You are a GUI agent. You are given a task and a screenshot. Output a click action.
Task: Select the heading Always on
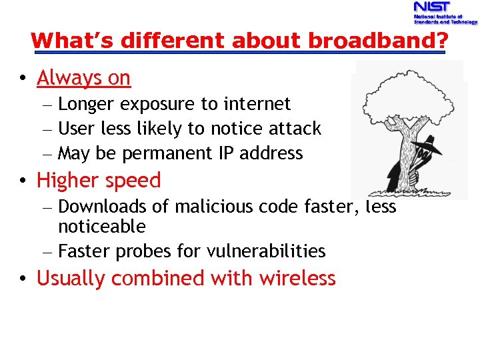(83, 78)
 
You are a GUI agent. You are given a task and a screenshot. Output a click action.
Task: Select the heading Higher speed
(99, 180)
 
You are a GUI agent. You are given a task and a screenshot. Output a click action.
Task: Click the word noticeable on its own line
(102, 227)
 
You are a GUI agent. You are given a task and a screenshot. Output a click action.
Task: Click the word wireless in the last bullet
(297, 278)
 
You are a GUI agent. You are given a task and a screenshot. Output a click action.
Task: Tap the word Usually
(71, 278)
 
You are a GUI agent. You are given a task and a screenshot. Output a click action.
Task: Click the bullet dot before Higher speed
(23, 181)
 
